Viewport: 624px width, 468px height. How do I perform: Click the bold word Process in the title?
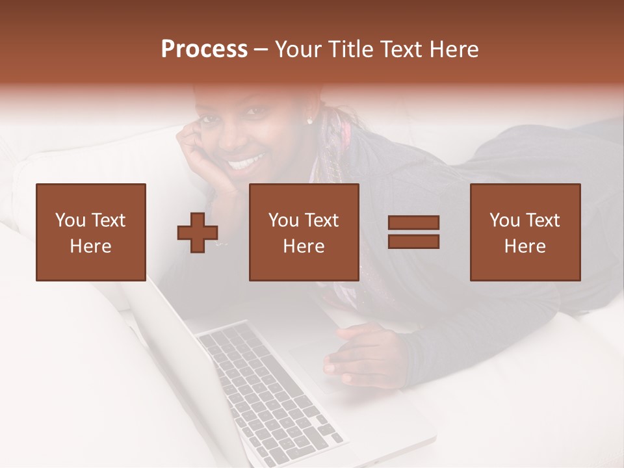tap(204, 49)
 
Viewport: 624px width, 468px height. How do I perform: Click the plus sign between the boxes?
tap(198, 233)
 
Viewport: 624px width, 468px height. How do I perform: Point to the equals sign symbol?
tap(413, 232)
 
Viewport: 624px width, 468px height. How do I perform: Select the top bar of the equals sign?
tap(413, 223)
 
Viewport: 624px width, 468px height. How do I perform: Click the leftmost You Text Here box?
tap(90, 232)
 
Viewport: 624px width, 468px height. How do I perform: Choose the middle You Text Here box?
tap(304, 232)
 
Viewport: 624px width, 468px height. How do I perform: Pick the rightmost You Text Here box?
tap(525, 232)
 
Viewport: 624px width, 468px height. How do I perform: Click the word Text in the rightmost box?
tap(542, 220)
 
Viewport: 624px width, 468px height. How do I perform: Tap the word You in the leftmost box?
tap(70, 220)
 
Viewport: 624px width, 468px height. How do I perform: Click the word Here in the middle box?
tap(304, 246)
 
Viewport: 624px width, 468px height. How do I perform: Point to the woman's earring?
tap(309, 121)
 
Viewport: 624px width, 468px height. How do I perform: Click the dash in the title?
tap(261, 50)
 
